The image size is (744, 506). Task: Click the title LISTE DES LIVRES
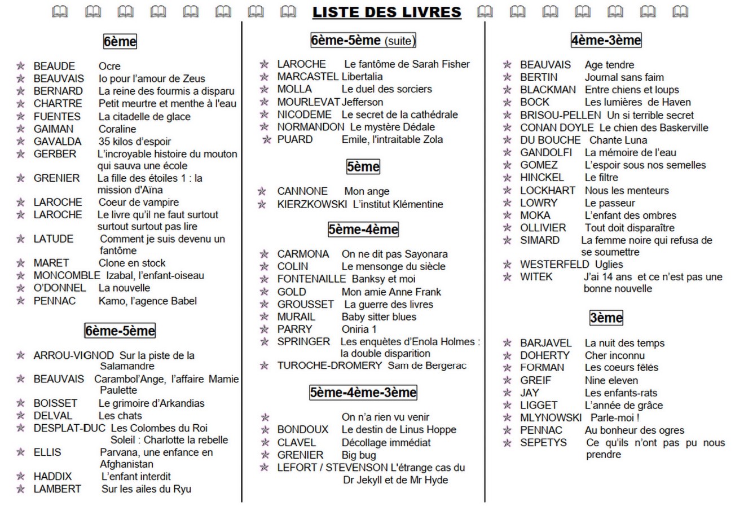tap(386, 12)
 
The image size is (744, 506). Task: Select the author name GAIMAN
tap(53, 129)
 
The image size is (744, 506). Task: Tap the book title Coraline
tap(117, 129)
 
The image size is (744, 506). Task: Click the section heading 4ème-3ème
tap(606, 40)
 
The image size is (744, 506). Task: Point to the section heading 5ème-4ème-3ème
tap(363, 392)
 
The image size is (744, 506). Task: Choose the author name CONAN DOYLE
tap(557, 127)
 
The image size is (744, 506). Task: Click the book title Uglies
tap(609, 264)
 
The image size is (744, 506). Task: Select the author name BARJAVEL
tap(545, 343)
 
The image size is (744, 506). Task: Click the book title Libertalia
tap(362, 76)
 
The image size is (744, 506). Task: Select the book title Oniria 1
tap(359, 329)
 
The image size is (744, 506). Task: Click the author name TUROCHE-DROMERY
tap(329, 366)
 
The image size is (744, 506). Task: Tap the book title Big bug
tap(359, 455)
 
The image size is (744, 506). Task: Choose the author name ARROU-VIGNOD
tap(73, 355)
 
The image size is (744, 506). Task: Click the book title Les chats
tap(120, 416)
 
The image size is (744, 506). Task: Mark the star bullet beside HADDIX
tap(21, 477)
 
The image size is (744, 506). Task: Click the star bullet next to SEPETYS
tap(508, 443)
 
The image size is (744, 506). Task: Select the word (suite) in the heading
tap(399, 41)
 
